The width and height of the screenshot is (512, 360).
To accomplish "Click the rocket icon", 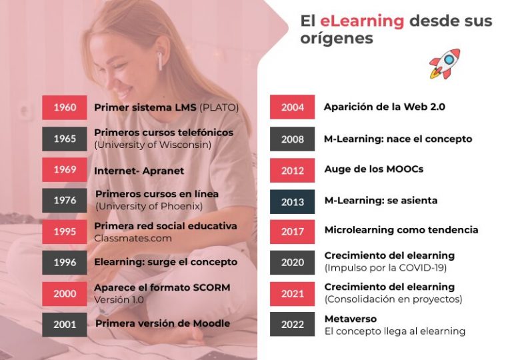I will point(445,63).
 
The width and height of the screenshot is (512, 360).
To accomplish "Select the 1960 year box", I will point(65,107).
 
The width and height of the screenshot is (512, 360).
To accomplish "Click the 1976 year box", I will point(65,200).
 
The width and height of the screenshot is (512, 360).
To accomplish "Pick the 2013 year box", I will point(292,202).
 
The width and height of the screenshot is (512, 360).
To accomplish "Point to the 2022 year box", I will point(292,325).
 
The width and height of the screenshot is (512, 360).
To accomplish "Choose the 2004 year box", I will point(292,107).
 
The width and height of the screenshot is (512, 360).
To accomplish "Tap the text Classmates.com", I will point(133,238).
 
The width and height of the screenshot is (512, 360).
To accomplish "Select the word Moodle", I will point(209,323).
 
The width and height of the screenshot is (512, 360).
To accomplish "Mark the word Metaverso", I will point(351,319).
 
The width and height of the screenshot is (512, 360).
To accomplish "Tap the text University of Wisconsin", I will point(153,145).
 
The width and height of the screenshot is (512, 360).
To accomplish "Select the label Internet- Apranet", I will point(139,171).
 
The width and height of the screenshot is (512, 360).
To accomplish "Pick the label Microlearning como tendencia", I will point(401,230).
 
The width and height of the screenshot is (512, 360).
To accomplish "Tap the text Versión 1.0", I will point(119,299).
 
